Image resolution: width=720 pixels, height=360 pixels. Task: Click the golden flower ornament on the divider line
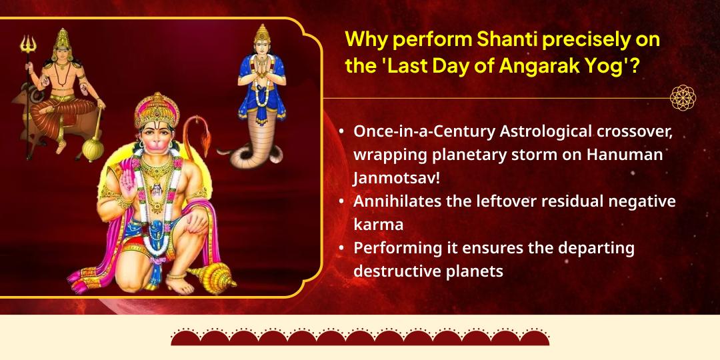683,98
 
